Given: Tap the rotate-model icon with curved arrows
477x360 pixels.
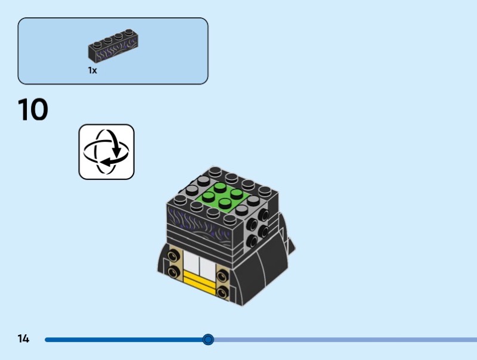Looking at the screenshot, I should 107,151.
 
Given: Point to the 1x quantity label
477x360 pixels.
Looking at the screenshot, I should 92,70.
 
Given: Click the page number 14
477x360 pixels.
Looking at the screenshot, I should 23,339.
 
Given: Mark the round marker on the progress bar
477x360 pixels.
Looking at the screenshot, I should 207,340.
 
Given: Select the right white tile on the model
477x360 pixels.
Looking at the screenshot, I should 206,267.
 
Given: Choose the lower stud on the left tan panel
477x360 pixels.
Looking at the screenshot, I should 175,273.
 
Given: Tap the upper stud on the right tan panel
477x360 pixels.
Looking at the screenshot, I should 222,276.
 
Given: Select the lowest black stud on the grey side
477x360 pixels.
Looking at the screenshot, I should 253,241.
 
